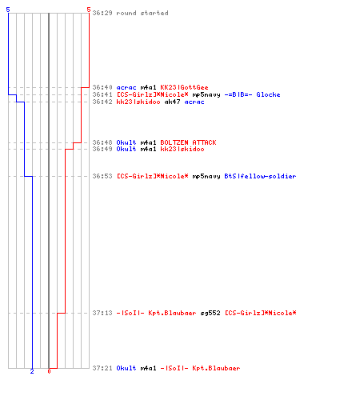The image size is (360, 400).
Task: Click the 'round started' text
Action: click(x=142, y=13)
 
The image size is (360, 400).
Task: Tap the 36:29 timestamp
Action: click(x=102, y=13)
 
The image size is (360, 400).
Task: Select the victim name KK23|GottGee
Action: click(x=184, y=87)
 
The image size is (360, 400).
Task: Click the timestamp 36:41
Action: click(x=102, y=94)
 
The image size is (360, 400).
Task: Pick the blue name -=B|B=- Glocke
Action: click(x=252, y=94)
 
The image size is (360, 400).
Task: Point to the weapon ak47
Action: click(x=172, y=102)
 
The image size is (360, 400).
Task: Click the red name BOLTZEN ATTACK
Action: click(x=188, y=142)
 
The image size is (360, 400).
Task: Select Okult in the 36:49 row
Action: click(x=126, y=149)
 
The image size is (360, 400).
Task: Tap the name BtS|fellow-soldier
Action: click(x=260, y=176)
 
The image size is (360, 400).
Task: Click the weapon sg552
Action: click(x=210, y=313)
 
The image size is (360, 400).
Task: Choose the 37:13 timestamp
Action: click(x=102, y=313)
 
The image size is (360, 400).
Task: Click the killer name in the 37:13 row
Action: click(x=156, y=313)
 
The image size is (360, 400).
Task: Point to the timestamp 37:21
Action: click(x=102, y=368)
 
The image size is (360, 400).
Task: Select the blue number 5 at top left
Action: click(x=8, y=10)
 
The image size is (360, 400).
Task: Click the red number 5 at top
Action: click(x=89, y=10)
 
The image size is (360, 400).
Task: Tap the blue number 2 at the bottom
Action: click(x=32, y=371)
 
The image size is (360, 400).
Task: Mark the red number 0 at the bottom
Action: click(x=49, y=371)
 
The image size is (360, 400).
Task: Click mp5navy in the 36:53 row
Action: click(x=206, y=176)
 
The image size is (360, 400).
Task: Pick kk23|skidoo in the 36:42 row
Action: click(x=138, y=102)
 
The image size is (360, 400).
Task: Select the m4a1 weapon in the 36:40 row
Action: click(x=148, y=87)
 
